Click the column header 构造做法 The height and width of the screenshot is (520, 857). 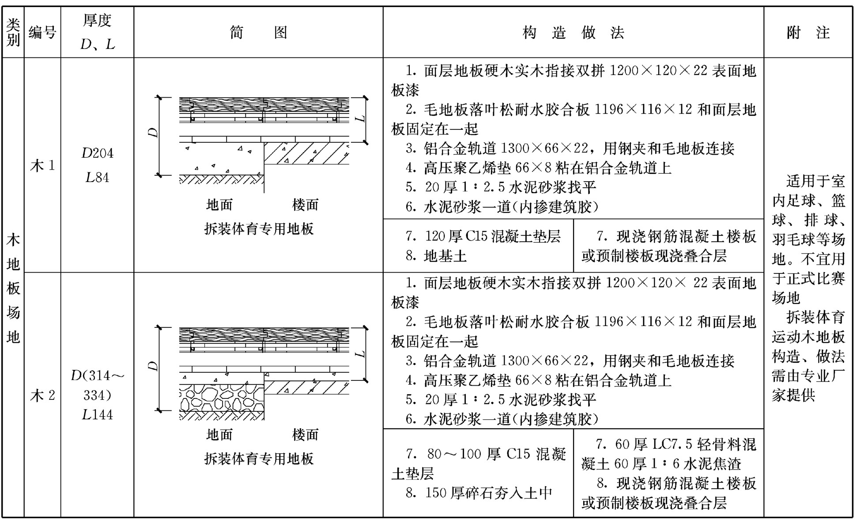coord(573,32)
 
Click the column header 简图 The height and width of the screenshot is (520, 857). coord(258,32)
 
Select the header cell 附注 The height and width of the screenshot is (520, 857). coord(808,32)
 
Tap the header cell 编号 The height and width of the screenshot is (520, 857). coord(42,32)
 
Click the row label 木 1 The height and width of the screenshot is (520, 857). coord(42,166)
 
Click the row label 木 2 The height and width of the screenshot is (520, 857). coord(42,395)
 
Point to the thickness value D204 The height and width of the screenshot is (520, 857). coord(97,153)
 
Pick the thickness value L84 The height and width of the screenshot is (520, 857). coord(97,177)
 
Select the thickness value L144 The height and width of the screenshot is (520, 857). coord(97,414)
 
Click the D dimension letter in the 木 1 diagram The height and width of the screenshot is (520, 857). coord(153,132)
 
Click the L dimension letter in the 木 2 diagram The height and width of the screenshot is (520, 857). coord(361,354)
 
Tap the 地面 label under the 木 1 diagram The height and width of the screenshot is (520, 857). coord(219,205)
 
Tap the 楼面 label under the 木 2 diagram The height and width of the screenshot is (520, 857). coord(305,434)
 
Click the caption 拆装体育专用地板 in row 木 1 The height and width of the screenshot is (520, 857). coord(259,228)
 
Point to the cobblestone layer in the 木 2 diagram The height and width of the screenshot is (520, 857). coord(222,398)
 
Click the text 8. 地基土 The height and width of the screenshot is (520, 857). coord(436,256)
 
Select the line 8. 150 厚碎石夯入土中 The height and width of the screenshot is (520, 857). coord(479,493)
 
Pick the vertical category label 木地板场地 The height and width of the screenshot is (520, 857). coord(13,288)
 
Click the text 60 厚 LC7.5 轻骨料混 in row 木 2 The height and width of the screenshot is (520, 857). coord(686,444)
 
